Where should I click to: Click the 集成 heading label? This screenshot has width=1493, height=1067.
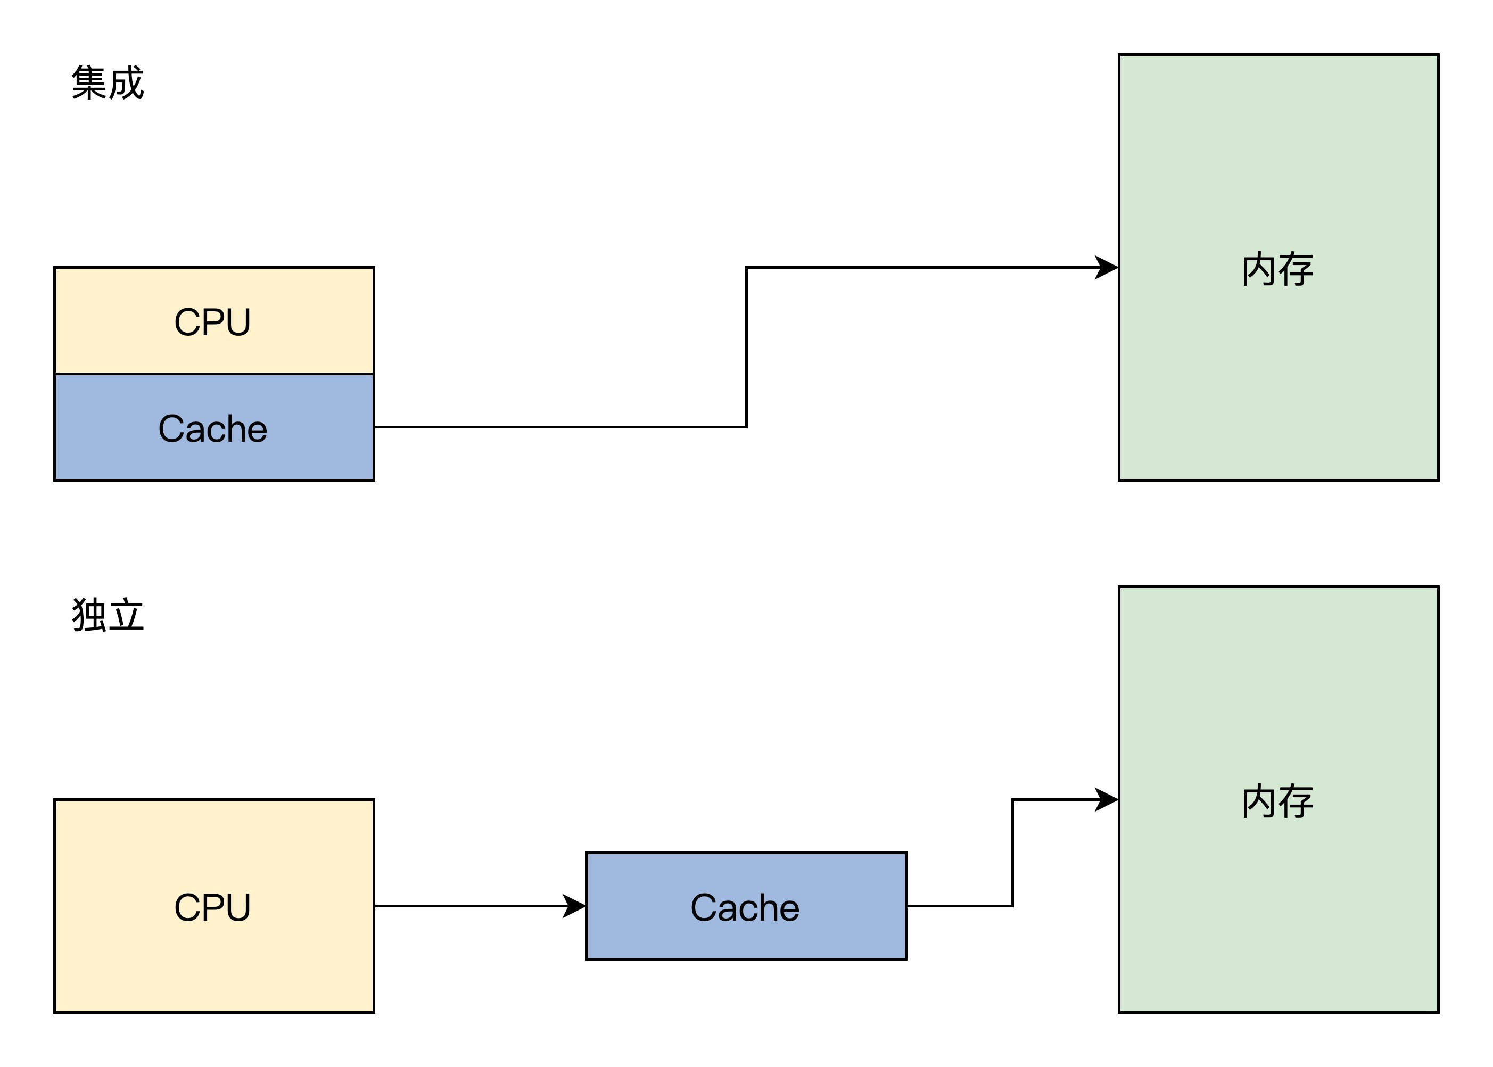108,84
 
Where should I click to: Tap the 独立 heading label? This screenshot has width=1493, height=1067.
108,616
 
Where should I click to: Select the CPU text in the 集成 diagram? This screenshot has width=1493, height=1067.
212,322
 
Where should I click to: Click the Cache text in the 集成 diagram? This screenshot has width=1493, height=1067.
213,429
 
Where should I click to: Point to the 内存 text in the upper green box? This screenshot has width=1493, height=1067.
1277,269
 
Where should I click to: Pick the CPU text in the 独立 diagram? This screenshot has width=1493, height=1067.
212,907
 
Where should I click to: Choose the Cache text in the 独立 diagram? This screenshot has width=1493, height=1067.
745,908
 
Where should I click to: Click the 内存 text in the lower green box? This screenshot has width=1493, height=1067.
1277,801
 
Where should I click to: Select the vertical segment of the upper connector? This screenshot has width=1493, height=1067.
746,347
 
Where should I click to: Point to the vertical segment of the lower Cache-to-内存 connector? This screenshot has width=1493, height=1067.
1013,853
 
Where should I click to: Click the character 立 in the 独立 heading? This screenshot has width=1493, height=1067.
127,616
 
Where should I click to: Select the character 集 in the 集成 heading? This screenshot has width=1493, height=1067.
89,84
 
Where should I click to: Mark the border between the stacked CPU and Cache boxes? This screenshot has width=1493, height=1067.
214,374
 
